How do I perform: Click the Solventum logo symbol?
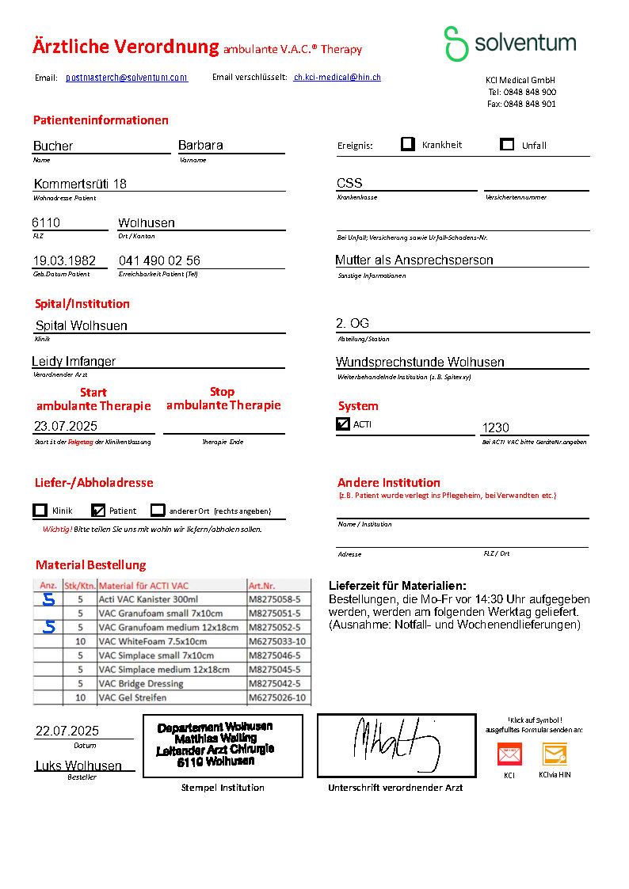coord(456,44)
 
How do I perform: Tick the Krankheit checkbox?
coord(408,144)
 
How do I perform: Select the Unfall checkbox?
coord(508,144)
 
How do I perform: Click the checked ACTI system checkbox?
coord(343,424)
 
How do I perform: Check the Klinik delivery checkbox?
coord(40,511)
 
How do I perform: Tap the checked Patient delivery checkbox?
coord(98,511)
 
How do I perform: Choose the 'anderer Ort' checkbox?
coord(158,511)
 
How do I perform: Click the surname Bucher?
coord(53,146)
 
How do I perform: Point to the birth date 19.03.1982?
coord(64,260)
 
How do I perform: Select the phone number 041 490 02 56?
coord(159,260)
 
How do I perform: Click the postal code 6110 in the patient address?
coord(46,222)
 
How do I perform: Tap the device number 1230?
coord(496,427)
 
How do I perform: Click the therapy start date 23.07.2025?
coord(66,426)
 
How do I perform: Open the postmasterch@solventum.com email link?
coord(127,78)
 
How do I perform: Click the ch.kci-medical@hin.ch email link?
coord(337,78)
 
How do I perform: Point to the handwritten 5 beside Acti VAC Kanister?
coord(49,600)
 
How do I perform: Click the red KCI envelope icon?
coord(509,754)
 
